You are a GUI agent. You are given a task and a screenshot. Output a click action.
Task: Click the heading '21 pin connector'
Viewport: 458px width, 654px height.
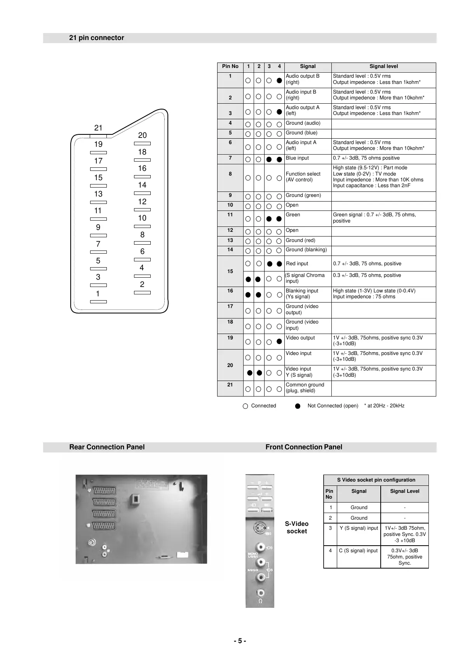pyautogui.click(x=96, y=38)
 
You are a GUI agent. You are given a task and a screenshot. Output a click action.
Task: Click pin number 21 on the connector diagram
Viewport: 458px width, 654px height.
pyautogui.click(x=98, y=128)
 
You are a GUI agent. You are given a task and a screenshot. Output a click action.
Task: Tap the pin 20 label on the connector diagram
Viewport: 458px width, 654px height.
pyautogui.click(x=143, y=135)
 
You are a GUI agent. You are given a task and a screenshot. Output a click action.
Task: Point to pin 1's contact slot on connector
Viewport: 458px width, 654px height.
pyautogui.click(x=98, y=302)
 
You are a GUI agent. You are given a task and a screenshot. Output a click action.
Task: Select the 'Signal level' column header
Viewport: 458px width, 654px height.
pyautogui.click(x=383, y=66)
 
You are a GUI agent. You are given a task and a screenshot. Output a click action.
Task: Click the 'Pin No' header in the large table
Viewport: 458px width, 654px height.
pyautogui.click(x=230, y=66)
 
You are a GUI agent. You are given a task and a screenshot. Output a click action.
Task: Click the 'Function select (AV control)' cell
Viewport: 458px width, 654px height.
pyautogui.click(x=303, y=177)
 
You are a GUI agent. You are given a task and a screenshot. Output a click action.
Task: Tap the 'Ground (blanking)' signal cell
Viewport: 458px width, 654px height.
pyautogui.click(x=306, y=250)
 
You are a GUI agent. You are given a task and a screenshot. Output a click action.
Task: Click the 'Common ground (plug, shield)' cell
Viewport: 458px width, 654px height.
pyautogui.click(x=305, y=388)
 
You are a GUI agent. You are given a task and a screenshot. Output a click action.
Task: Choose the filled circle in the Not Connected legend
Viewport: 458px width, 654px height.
pyautogui.click(x=298, y=406)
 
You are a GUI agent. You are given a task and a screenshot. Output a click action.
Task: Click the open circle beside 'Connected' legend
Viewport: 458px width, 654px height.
pyautogui.click(x=245, y=406)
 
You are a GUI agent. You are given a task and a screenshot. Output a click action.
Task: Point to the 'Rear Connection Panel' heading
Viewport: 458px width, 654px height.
pyautogui.click(x=107, y=447)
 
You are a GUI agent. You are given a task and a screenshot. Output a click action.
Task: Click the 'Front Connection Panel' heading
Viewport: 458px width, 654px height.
pyautogui.click(x=304, y=447)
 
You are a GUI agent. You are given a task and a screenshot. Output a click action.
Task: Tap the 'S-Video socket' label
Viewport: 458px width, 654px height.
pyautogui.click(x=297, y=527)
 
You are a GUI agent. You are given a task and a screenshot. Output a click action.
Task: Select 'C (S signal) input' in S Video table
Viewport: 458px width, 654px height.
pyautogui.click(x=358, y=551)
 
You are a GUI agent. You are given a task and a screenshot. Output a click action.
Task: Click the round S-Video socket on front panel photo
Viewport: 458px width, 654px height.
pyautogui.click(x=259, y=528)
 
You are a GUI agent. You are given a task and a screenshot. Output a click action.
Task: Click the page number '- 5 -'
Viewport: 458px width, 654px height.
pyautogui.click(x=240, y=641)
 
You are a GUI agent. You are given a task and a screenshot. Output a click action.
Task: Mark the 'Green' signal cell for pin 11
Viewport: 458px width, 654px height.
pyautogui.click(x=293, y=215)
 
